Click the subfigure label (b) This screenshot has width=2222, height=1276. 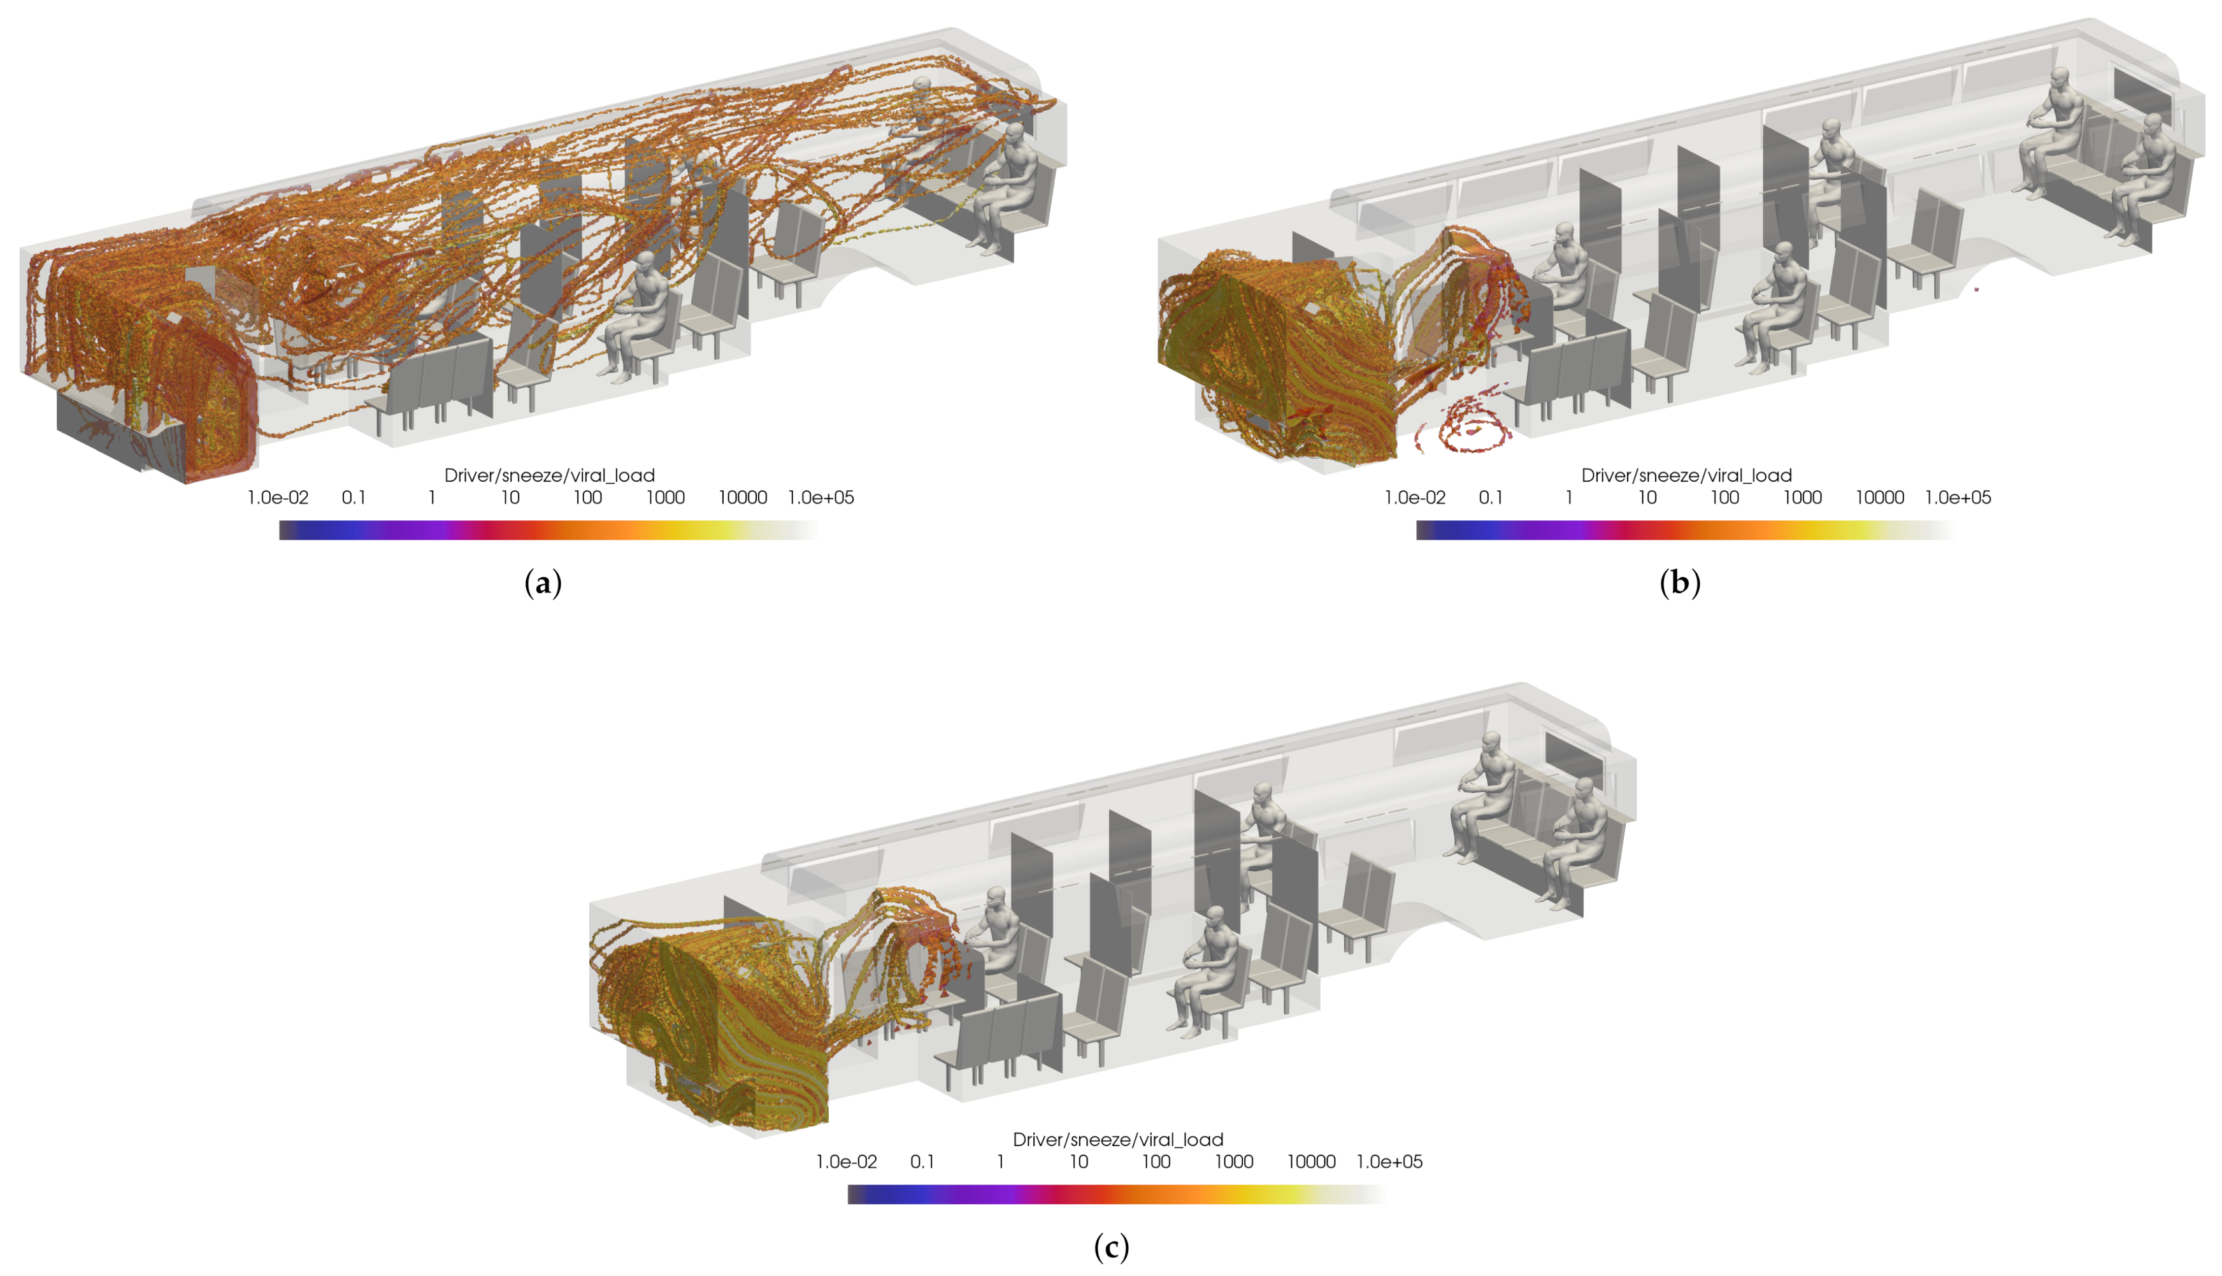1680,583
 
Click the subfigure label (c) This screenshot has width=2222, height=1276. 1111,1246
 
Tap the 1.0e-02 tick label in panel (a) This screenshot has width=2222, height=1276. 278,498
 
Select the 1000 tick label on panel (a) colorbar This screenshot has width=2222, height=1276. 665,498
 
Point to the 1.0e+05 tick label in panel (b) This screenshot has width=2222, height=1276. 1958,498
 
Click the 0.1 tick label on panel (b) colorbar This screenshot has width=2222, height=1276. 1491,498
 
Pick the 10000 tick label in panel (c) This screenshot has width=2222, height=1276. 1311,1162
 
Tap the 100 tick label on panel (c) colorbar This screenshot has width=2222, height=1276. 1156,1162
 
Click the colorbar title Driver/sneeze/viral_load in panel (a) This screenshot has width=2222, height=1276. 549,475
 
